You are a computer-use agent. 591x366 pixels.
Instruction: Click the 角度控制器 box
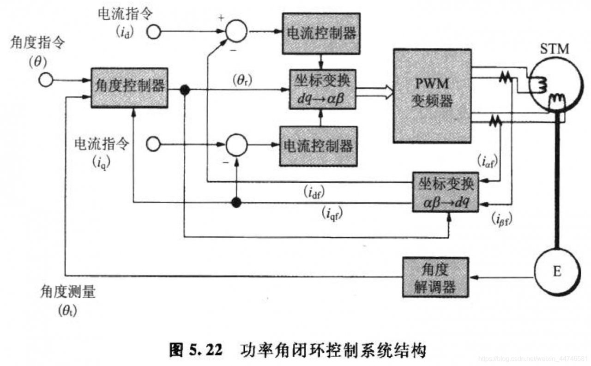[x=129, y=88]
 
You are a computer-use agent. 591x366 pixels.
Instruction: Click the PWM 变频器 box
[x=432, y=95]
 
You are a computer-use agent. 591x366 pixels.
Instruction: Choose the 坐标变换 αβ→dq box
[x=446, y=192]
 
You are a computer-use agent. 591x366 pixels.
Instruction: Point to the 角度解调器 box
[x=435, y=277]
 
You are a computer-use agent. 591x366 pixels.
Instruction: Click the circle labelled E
[x=557, y=272]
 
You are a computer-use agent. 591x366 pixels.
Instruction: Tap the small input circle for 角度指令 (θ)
[x=46, y=80]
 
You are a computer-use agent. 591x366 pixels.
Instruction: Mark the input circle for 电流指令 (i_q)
[x=153, y=144]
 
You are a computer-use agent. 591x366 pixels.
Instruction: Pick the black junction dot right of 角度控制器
[x=185, y=90]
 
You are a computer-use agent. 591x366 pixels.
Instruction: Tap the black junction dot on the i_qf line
[x=236, y=202]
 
